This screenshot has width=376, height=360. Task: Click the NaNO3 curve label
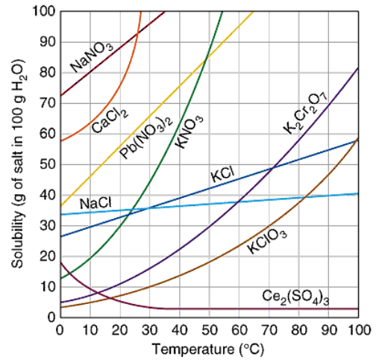click(x=91, y=57)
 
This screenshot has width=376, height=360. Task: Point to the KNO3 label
click(x=189, y=132)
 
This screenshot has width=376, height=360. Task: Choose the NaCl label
click(x=95, y=203)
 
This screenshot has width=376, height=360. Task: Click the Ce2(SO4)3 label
click(x=295, y=297)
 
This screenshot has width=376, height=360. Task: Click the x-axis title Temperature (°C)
click(x=208, y=349)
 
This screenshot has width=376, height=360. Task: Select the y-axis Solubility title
click(x=19, y=164)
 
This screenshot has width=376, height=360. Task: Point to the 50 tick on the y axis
click(x=47, y=164)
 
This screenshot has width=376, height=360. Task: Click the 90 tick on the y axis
click(x=47, y=42)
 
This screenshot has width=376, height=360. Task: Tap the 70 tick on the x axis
click(x=269, y=330)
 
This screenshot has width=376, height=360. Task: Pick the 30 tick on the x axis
click(x=150, y=330)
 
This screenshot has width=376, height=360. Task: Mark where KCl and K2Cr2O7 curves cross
click(x=273, y=168)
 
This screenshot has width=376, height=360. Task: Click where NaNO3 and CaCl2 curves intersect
click(x=137, y=34)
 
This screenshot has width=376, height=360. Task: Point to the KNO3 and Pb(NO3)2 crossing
click(x=205, y=60)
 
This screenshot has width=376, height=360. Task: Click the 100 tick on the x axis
click(x=360, y=330)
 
